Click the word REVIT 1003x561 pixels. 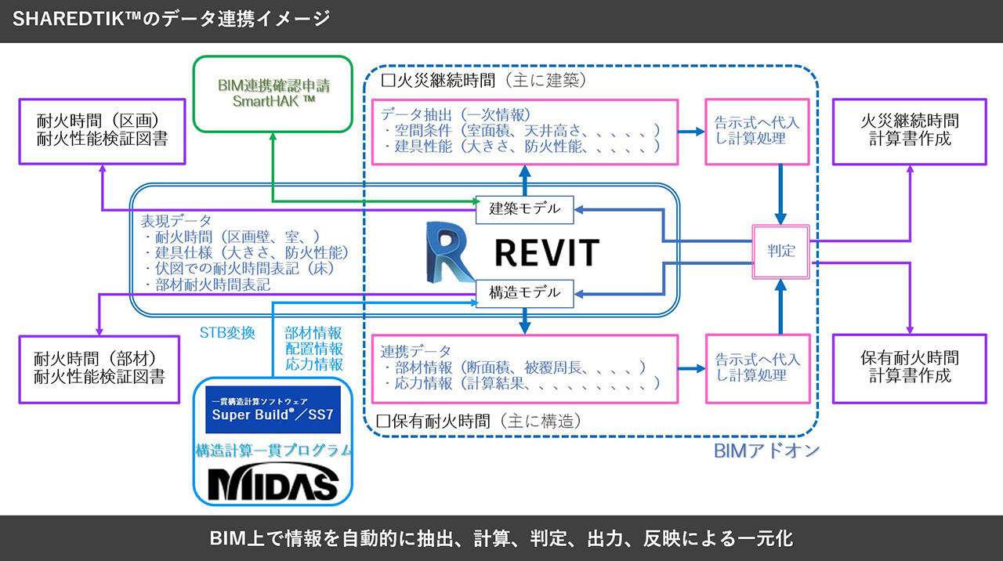click(546, 252)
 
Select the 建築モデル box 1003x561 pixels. click(525, 208)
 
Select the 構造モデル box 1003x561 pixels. click(525, 292)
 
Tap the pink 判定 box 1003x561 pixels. click(781, 251)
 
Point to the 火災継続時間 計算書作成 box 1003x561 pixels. click(909, 131)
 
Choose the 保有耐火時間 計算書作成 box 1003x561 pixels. click(909, 368)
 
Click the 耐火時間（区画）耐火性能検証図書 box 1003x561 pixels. click(101, 130)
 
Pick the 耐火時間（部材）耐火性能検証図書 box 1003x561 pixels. click(101, 368)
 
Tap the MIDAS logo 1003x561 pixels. click(273, 483)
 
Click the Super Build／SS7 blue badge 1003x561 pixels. click(273, 409)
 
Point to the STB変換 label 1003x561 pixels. click(227, 333)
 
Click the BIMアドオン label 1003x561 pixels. click(766, 451)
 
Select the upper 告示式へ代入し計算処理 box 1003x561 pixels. click(757, 131)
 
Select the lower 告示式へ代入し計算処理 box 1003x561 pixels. click(757, 368)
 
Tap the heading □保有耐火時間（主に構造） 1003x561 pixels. click(480, 421)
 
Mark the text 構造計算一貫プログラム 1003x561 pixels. click(273, 451)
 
